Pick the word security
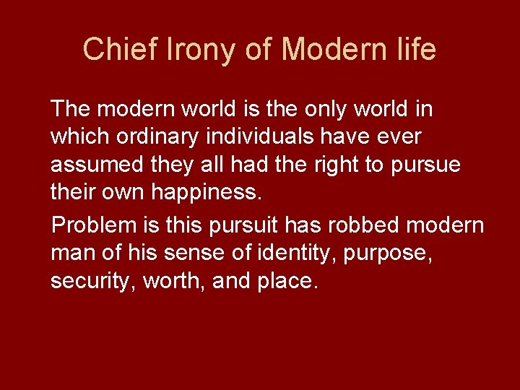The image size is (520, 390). pos(91,282)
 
